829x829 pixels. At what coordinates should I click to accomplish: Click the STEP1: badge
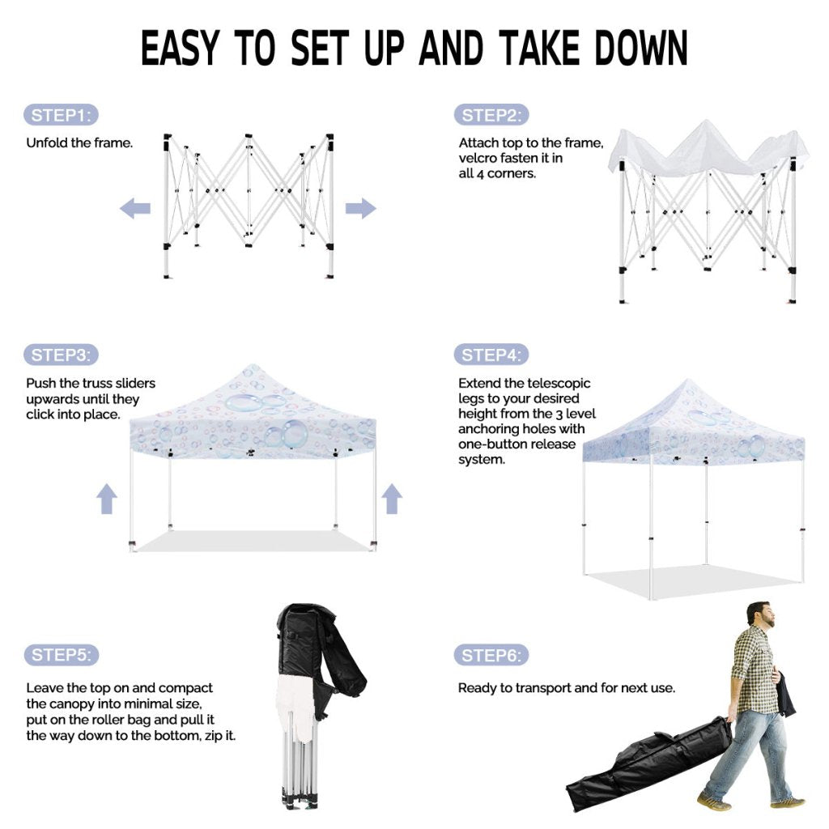(x=61, y=115)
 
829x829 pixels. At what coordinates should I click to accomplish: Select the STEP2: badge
(x=491, y=115)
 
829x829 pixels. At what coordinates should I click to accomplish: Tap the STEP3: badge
(x=61, y=355)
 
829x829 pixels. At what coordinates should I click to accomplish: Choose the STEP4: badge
(x=491, y=355)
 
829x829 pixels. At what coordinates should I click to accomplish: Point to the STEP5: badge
(x=62, y=655)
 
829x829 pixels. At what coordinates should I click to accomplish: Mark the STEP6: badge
(x=491, y=656)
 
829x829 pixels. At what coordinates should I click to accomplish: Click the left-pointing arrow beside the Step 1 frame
(x=135, y=208)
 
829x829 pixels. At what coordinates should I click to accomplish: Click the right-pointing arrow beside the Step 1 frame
(x=360, y=208)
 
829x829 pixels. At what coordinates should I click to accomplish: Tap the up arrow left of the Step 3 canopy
(x=107, y=499)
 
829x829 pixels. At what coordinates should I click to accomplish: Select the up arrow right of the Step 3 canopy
(x=392, y=499)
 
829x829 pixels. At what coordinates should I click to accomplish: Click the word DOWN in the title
(x=641, y=48)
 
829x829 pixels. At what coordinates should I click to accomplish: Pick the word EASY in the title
(x=180, y=48)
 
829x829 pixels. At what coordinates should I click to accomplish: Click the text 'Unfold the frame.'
(x=79, y=142)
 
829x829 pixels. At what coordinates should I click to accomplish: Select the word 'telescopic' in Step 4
(x=559, y=383)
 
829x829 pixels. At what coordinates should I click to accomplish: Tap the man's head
(x=760, y=614)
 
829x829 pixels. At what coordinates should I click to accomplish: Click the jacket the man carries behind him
(x=785, y=693)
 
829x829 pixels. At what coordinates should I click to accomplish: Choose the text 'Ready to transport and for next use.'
(x=566, y=688)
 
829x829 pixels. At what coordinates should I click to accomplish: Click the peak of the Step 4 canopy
(x=688, y=379)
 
